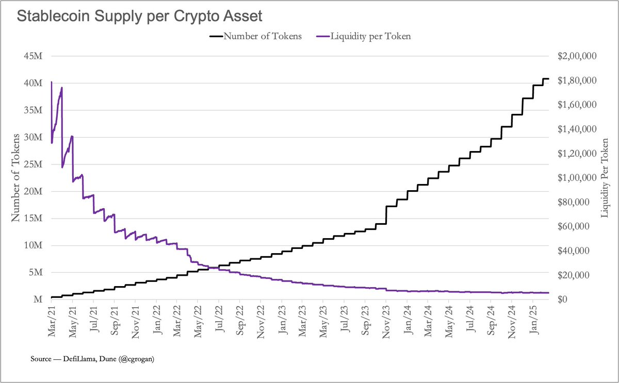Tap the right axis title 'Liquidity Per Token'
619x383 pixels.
pyautogui.click(x=605, y=178)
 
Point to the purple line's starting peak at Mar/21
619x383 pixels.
pyautogui.click(x=52, y=82)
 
